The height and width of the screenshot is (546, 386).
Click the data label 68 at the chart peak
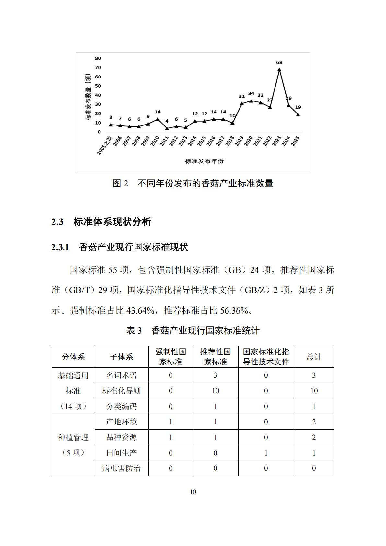click(279, 62)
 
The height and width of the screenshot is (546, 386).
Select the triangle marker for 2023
click(279, 70)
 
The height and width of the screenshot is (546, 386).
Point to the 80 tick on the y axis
click(98, 58)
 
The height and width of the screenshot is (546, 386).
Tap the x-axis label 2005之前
click(105, 146)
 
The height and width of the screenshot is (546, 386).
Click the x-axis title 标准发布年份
click(204, 161)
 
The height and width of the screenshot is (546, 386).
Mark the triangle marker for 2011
click(167, 128)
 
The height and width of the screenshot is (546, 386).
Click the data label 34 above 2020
click(251, 93)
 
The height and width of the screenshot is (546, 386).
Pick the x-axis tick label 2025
click(295, 141)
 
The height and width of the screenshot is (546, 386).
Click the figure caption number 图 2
click(120, 184)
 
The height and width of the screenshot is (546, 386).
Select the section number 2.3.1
click(60, 247)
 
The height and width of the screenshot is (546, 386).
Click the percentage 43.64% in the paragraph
click(140, 311)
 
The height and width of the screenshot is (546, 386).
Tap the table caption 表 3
click(134, 331)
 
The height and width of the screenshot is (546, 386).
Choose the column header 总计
click(314, 357)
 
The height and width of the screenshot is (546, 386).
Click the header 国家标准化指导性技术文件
click(266, 357)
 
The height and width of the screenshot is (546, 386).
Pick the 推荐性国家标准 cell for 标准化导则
click(216, 391)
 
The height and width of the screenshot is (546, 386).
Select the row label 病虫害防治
click(122, 468)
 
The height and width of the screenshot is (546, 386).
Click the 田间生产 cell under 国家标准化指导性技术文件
click(266, 453)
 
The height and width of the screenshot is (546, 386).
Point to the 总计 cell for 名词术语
click(314, 375)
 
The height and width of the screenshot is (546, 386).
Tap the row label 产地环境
click(122, 422)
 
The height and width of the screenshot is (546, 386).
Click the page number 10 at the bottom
click(193, 492)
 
